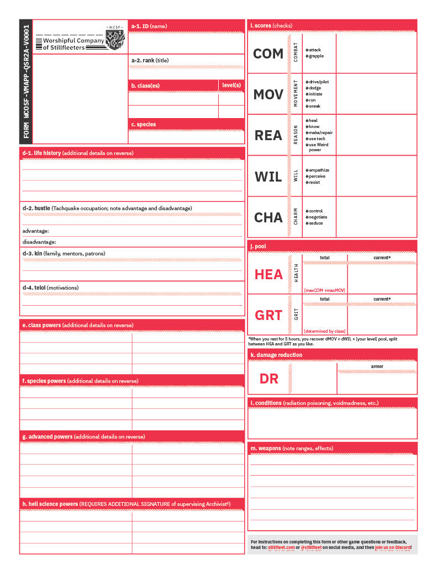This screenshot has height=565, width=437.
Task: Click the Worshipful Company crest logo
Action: coord(115,38)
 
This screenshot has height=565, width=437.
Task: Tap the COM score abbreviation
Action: coord(268,54)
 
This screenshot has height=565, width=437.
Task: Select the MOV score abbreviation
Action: coord(268,94)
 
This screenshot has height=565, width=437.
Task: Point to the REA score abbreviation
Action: coord(268,135)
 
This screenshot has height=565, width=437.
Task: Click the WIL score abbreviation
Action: coord(268,177)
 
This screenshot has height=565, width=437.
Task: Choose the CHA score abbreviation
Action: coord(268,217)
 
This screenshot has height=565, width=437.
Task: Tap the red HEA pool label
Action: coord(268,274)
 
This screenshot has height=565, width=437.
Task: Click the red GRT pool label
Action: coord(268,315)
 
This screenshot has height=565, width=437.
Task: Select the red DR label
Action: coord(268,379)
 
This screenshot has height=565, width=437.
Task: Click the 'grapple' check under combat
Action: coord(316,56)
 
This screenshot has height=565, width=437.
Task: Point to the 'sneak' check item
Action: coord(314,106)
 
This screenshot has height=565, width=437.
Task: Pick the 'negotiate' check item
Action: coord(318,217)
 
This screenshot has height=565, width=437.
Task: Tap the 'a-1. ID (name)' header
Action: coord(149,26)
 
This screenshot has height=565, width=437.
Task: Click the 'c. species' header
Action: coord(144,124)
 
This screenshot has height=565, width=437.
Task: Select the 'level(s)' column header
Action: coord(231,85)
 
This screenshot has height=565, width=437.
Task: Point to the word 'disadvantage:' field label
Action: coord(39,242)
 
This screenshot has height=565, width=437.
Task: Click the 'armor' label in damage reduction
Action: coord(377,366)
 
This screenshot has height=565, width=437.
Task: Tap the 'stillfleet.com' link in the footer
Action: coord(282,547)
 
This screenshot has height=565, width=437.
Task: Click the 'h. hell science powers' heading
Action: coord(50,504)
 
